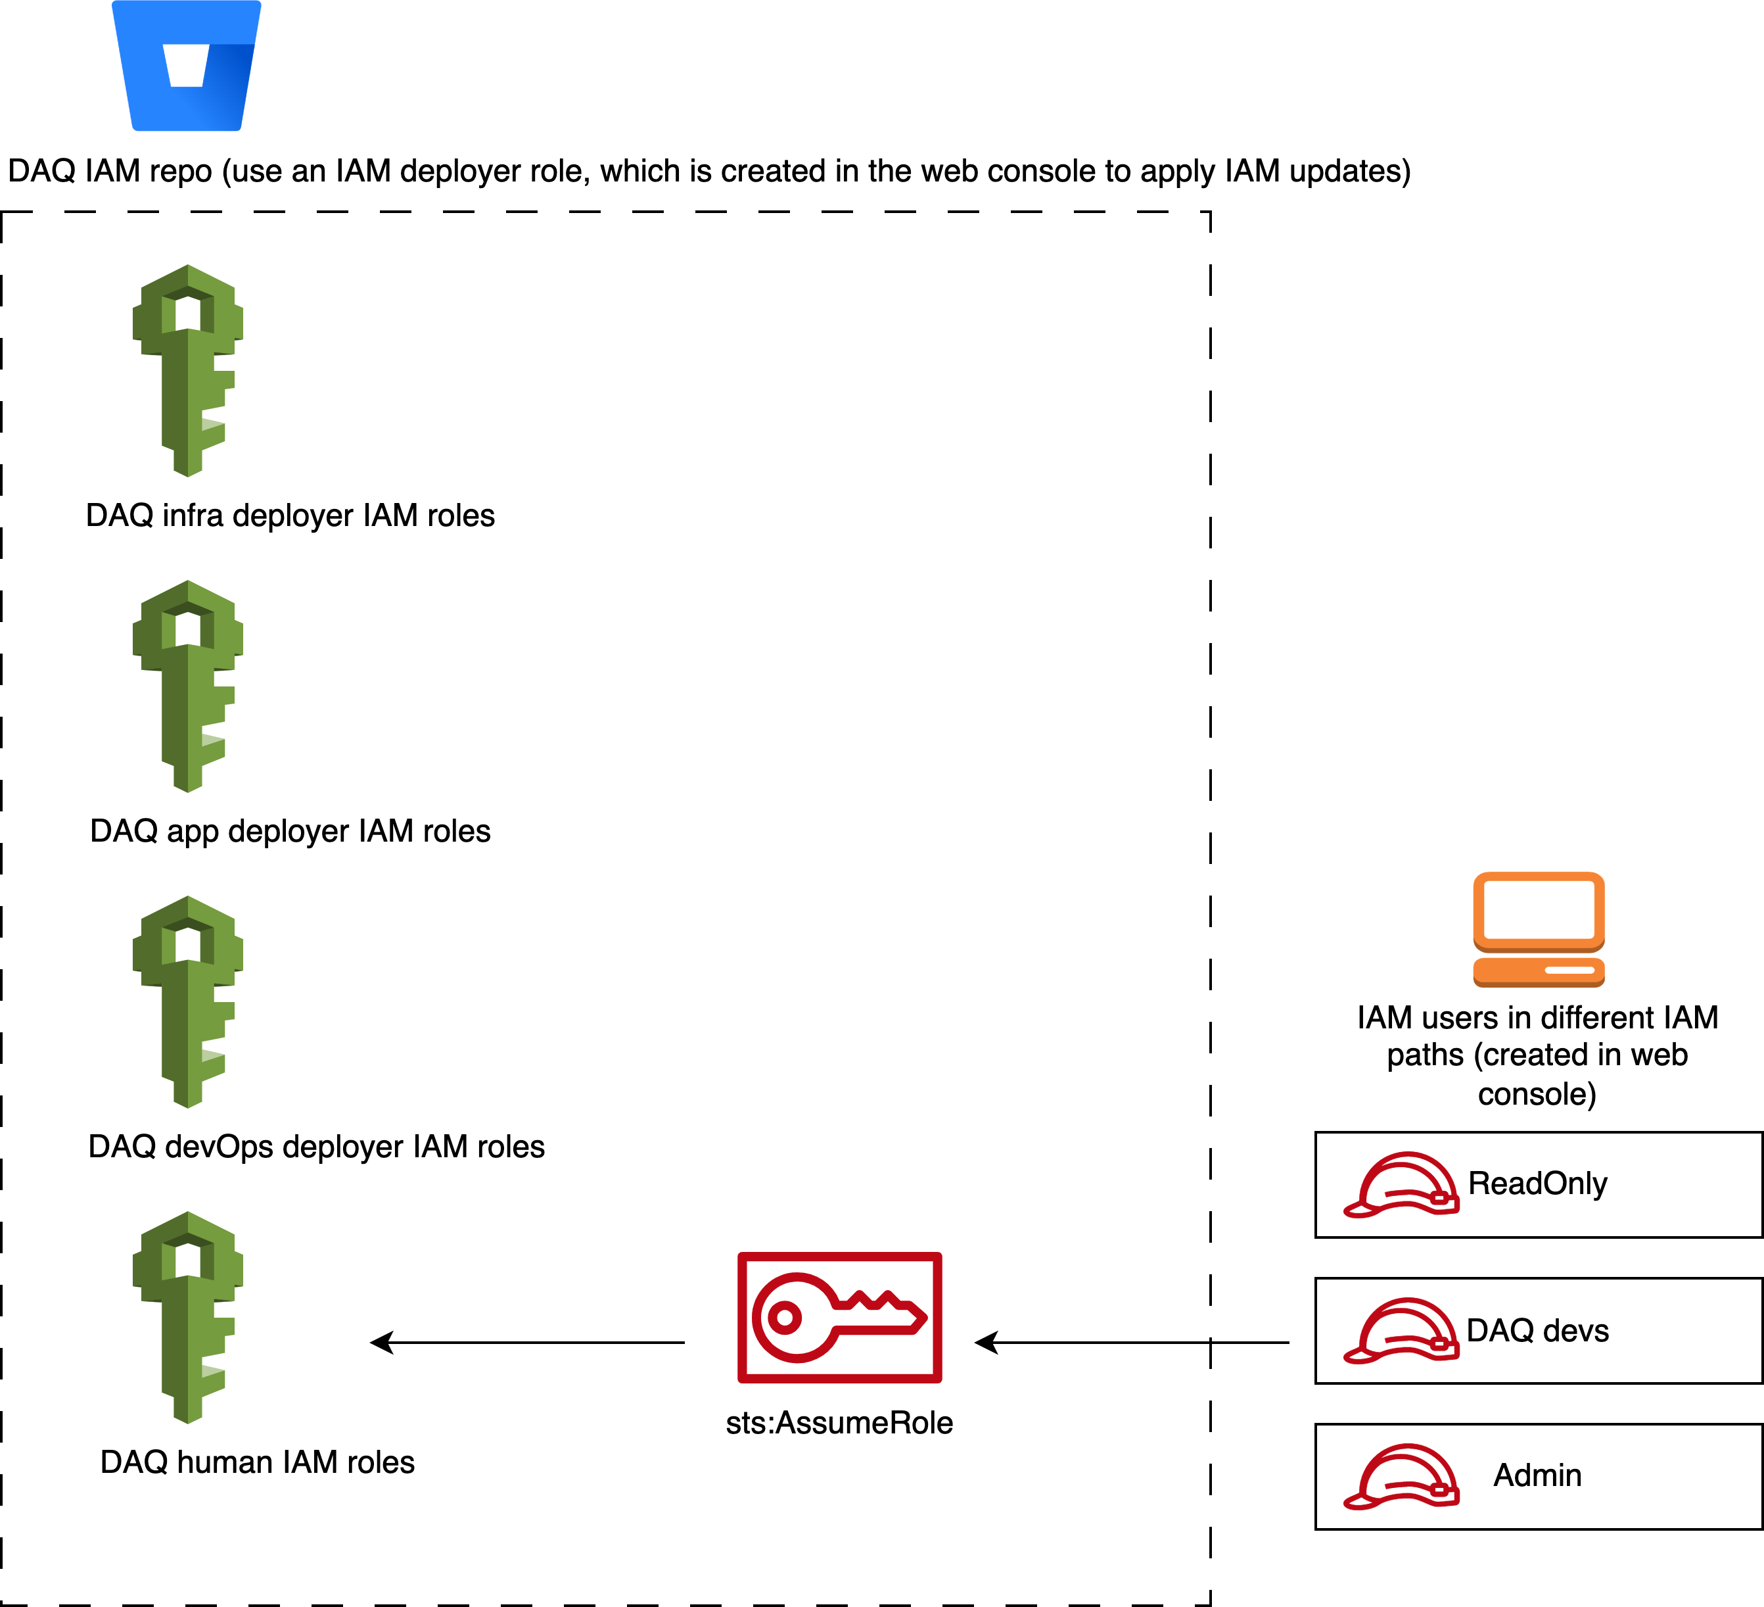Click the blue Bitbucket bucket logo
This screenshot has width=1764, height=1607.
coord(187,66)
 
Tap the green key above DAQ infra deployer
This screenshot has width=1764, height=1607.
coord(187,370)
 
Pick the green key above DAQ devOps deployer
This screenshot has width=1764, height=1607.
coord(187,1001)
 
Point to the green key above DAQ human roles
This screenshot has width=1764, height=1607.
coord(187,1316)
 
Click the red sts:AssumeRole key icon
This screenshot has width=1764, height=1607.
coord(840,1317)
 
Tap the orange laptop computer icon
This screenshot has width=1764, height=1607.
coord(1539,930)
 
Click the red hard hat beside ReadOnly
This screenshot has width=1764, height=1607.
coord(1401,1184)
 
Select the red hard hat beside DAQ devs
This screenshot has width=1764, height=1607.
coord(1401,1330)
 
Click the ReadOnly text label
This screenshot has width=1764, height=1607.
coord(1537,1184)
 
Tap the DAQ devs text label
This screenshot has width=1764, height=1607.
coord(1537,1330)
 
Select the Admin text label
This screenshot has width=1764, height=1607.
coord(1537,1475)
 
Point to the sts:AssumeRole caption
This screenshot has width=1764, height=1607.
coord(839,1423)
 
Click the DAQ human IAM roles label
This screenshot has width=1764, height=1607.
coord(257,1462)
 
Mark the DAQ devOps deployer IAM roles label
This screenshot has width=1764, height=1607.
coord(317,1147)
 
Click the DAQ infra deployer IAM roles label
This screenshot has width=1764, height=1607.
coord(290,516)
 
